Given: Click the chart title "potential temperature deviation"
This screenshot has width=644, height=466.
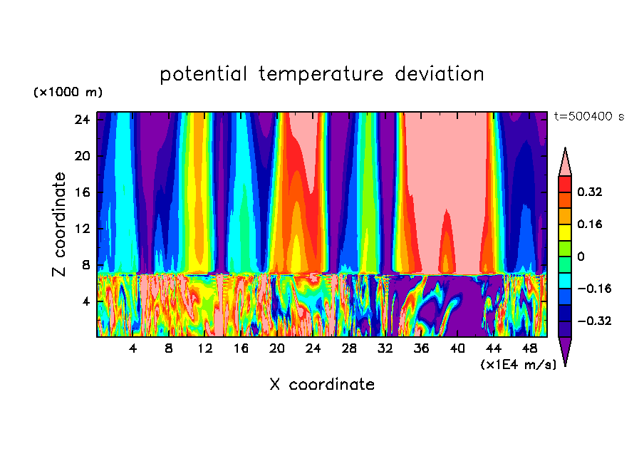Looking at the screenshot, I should click(x=322, y=74).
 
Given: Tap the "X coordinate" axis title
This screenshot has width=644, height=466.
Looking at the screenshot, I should click(x=322, y=385).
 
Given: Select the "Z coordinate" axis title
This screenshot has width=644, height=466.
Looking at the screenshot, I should click(x=59, y=224).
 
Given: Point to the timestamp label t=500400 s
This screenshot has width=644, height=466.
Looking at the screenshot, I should click(x=588, y=117).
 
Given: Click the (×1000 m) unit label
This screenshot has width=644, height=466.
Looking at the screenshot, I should click(x=68, y=93).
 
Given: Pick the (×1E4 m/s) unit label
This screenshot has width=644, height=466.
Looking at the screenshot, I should click(x=517, y=365).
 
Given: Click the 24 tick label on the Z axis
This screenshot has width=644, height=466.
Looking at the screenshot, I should click(x=81, y=120).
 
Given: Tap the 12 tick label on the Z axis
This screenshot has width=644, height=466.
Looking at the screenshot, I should click(x=81, y=229).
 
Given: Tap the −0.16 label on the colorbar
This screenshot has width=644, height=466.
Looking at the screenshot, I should click(x=591, y=289).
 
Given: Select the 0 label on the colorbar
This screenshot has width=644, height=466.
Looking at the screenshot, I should click(x=581, y=257).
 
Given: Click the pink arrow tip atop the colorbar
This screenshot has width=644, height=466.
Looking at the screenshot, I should click(x=565, y=162).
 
